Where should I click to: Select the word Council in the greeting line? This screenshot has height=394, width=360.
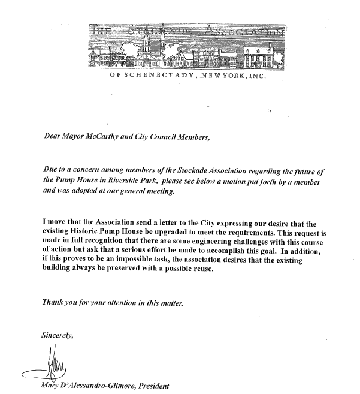click(x=156, y=137)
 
